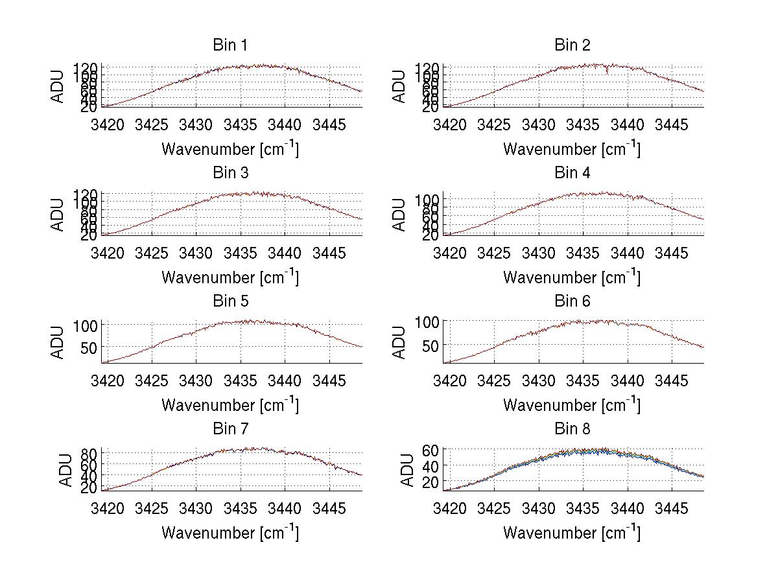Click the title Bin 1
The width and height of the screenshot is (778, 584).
[230, 45]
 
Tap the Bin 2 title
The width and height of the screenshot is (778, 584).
[572, 45]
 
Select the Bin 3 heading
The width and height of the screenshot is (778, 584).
[230, 173]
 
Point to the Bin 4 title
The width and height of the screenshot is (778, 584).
[572, 173]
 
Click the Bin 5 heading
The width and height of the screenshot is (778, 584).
[230, 301]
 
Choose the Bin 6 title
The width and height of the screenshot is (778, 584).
[572, 301]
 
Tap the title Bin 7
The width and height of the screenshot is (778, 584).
[230, 429]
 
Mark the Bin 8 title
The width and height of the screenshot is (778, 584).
[572, 429]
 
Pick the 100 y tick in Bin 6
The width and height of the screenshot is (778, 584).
[427, 322]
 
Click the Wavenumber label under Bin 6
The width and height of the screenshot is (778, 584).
[571, 405]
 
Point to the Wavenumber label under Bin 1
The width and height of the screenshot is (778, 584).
[230, 149]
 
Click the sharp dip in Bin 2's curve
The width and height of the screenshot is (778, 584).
[607, 72]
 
